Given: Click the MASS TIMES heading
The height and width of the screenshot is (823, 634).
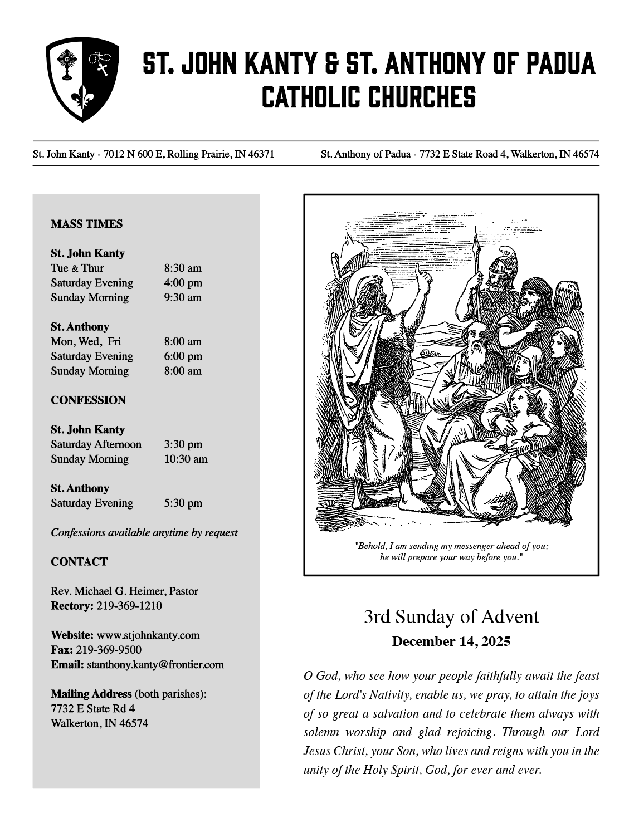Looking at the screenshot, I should (86, 224).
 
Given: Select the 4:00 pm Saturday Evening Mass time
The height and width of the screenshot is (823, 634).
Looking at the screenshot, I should (183, 283).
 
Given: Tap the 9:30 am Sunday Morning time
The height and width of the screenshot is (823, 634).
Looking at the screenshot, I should (183, 297).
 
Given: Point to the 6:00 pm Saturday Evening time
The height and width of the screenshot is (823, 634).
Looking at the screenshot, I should (183, 356).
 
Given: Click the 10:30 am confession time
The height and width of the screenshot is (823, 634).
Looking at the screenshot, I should (186, 459).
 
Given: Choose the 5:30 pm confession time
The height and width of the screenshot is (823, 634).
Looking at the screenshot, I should (183, 503).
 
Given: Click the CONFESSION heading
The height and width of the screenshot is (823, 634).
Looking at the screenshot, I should (88, 400).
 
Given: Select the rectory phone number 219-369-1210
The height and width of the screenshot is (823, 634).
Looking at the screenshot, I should (129, 606).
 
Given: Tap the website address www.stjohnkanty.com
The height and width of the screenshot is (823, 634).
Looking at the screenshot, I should (148, 635).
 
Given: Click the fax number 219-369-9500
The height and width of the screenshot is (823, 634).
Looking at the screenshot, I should (109, 650).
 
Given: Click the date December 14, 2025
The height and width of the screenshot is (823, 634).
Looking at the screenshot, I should (451, 641).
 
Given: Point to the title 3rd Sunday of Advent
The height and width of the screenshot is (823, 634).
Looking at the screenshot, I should (451, 617).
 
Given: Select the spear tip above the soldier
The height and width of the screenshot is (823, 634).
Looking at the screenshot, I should (475, 241).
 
